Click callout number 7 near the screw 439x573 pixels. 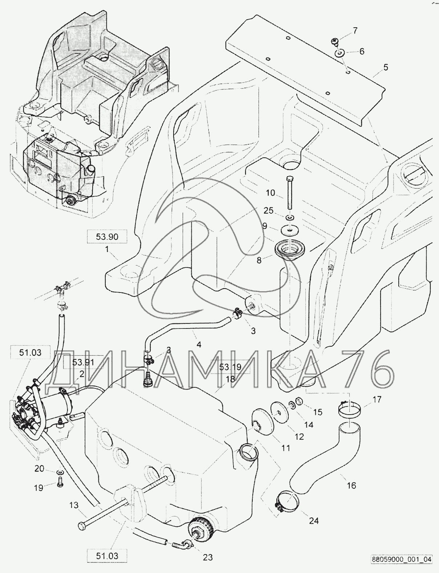(355, 31)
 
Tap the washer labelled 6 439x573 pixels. (339, 53)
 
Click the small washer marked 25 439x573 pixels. (290, 218)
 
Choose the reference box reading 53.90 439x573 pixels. (107, 237)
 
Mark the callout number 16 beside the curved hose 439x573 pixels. (352, 485)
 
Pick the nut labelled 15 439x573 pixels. (299, 401)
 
